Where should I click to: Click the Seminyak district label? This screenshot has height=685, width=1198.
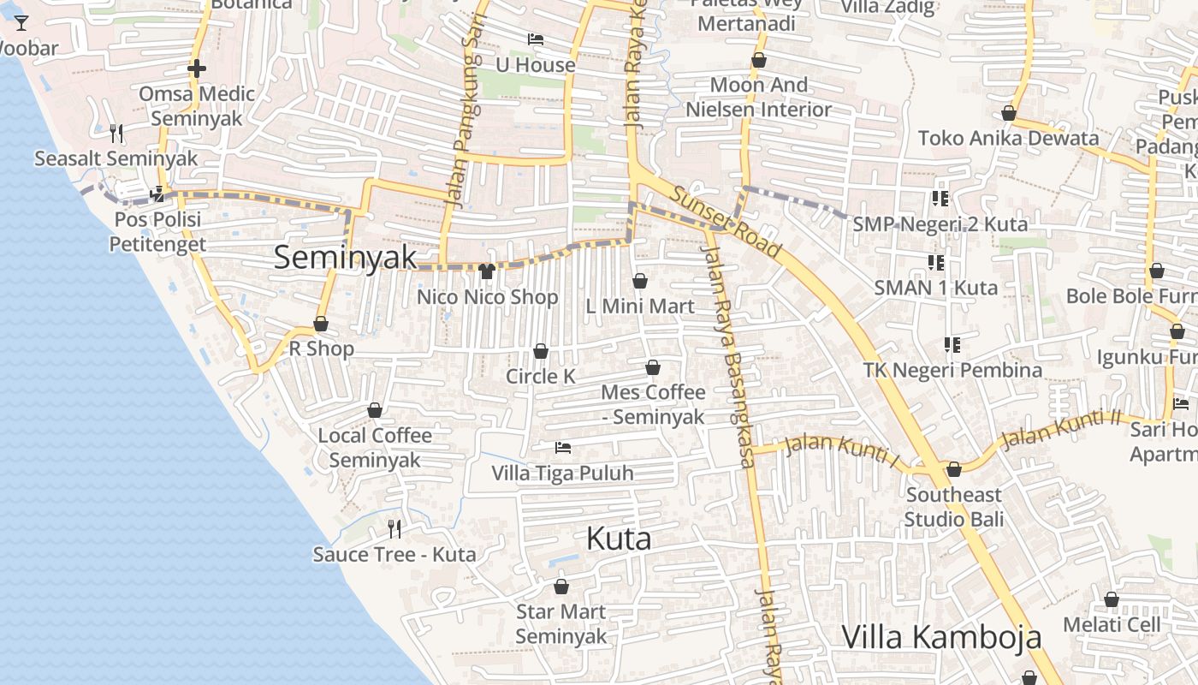(345, 258)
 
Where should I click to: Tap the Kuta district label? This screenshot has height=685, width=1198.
(619, 539)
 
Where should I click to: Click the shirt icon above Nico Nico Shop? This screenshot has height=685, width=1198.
(488, 271)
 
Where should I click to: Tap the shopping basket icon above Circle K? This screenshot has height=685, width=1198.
(541, 351)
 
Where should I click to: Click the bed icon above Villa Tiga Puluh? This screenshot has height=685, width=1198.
(562, 447)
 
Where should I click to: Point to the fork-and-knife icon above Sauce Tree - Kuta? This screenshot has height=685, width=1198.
(394, 527)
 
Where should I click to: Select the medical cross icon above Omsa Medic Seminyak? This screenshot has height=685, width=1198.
(197, 68)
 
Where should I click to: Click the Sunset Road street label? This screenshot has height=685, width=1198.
(726, 222)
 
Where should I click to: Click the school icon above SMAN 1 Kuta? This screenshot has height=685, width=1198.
(935, 262)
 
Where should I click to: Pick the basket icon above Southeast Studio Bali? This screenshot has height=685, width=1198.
(953, 469)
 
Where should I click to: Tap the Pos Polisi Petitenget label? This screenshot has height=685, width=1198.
(157, 232)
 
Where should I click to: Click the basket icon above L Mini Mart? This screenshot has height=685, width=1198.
(640, 281)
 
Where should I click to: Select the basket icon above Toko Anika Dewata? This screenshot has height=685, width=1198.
(1009, 113)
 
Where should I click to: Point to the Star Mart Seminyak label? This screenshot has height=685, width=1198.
(560, 624)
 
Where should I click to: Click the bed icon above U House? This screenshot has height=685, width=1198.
(536, 39)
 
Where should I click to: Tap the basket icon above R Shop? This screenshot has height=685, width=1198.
(321, 324)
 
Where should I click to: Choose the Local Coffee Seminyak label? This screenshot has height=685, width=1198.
(375, 448)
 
